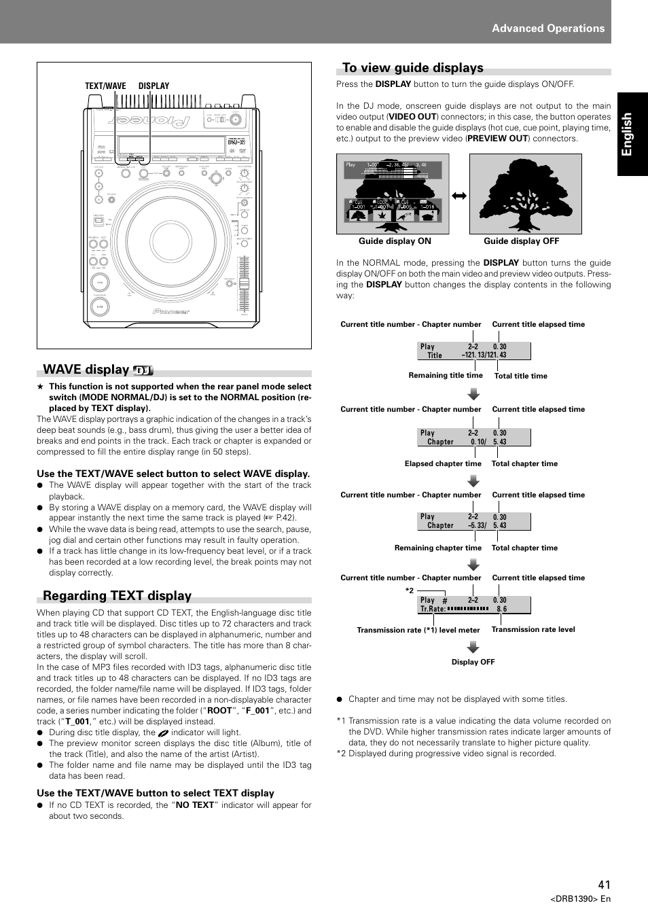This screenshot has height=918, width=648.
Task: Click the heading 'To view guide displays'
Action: coord(412,68)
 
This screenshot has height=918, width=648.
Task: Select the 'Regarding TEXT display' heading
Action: coord(117,596)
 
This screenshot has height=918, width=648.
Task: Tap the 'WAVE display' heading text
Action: coord(86,370)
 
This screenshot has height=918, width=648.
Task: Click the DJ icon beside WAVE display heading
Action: coord(143,370)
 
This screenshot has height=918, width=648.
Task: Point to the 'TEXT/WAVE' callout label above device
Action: coord(105,86)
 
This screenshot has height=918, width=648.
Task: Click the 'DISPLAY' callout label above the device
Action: coord(154,86)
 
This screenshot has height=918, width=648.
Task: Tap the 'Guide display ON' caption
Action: coord(395,241)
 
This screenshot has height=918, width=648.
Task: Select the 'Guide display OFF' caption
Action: coord(521,241)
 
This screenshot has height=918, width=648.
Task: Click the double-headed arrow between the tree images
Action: coord(459,196)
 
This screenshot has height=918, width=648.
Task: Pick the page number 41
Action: coord(605,885)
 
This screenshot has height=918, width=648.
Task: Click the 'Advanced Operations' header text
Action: coord(548,29)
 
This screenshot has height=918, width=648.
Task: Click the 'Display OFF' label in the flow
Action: coord(473,662)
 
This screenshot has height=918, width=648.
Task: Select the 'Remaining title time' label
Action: coord(446,375)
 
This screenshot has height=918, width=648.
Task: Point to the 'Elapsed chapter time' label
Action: coord(443,463)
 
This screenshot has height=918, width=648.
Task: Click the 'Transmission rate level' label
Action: coord(533,629)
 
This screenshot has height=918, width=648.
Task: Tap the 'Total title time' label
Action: coord(520,376)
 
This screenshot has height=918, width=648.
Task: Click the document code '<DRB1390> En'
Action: coord(580,898)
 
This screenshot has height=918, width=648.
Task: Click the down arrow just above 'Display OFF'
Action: coord(473,647)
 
